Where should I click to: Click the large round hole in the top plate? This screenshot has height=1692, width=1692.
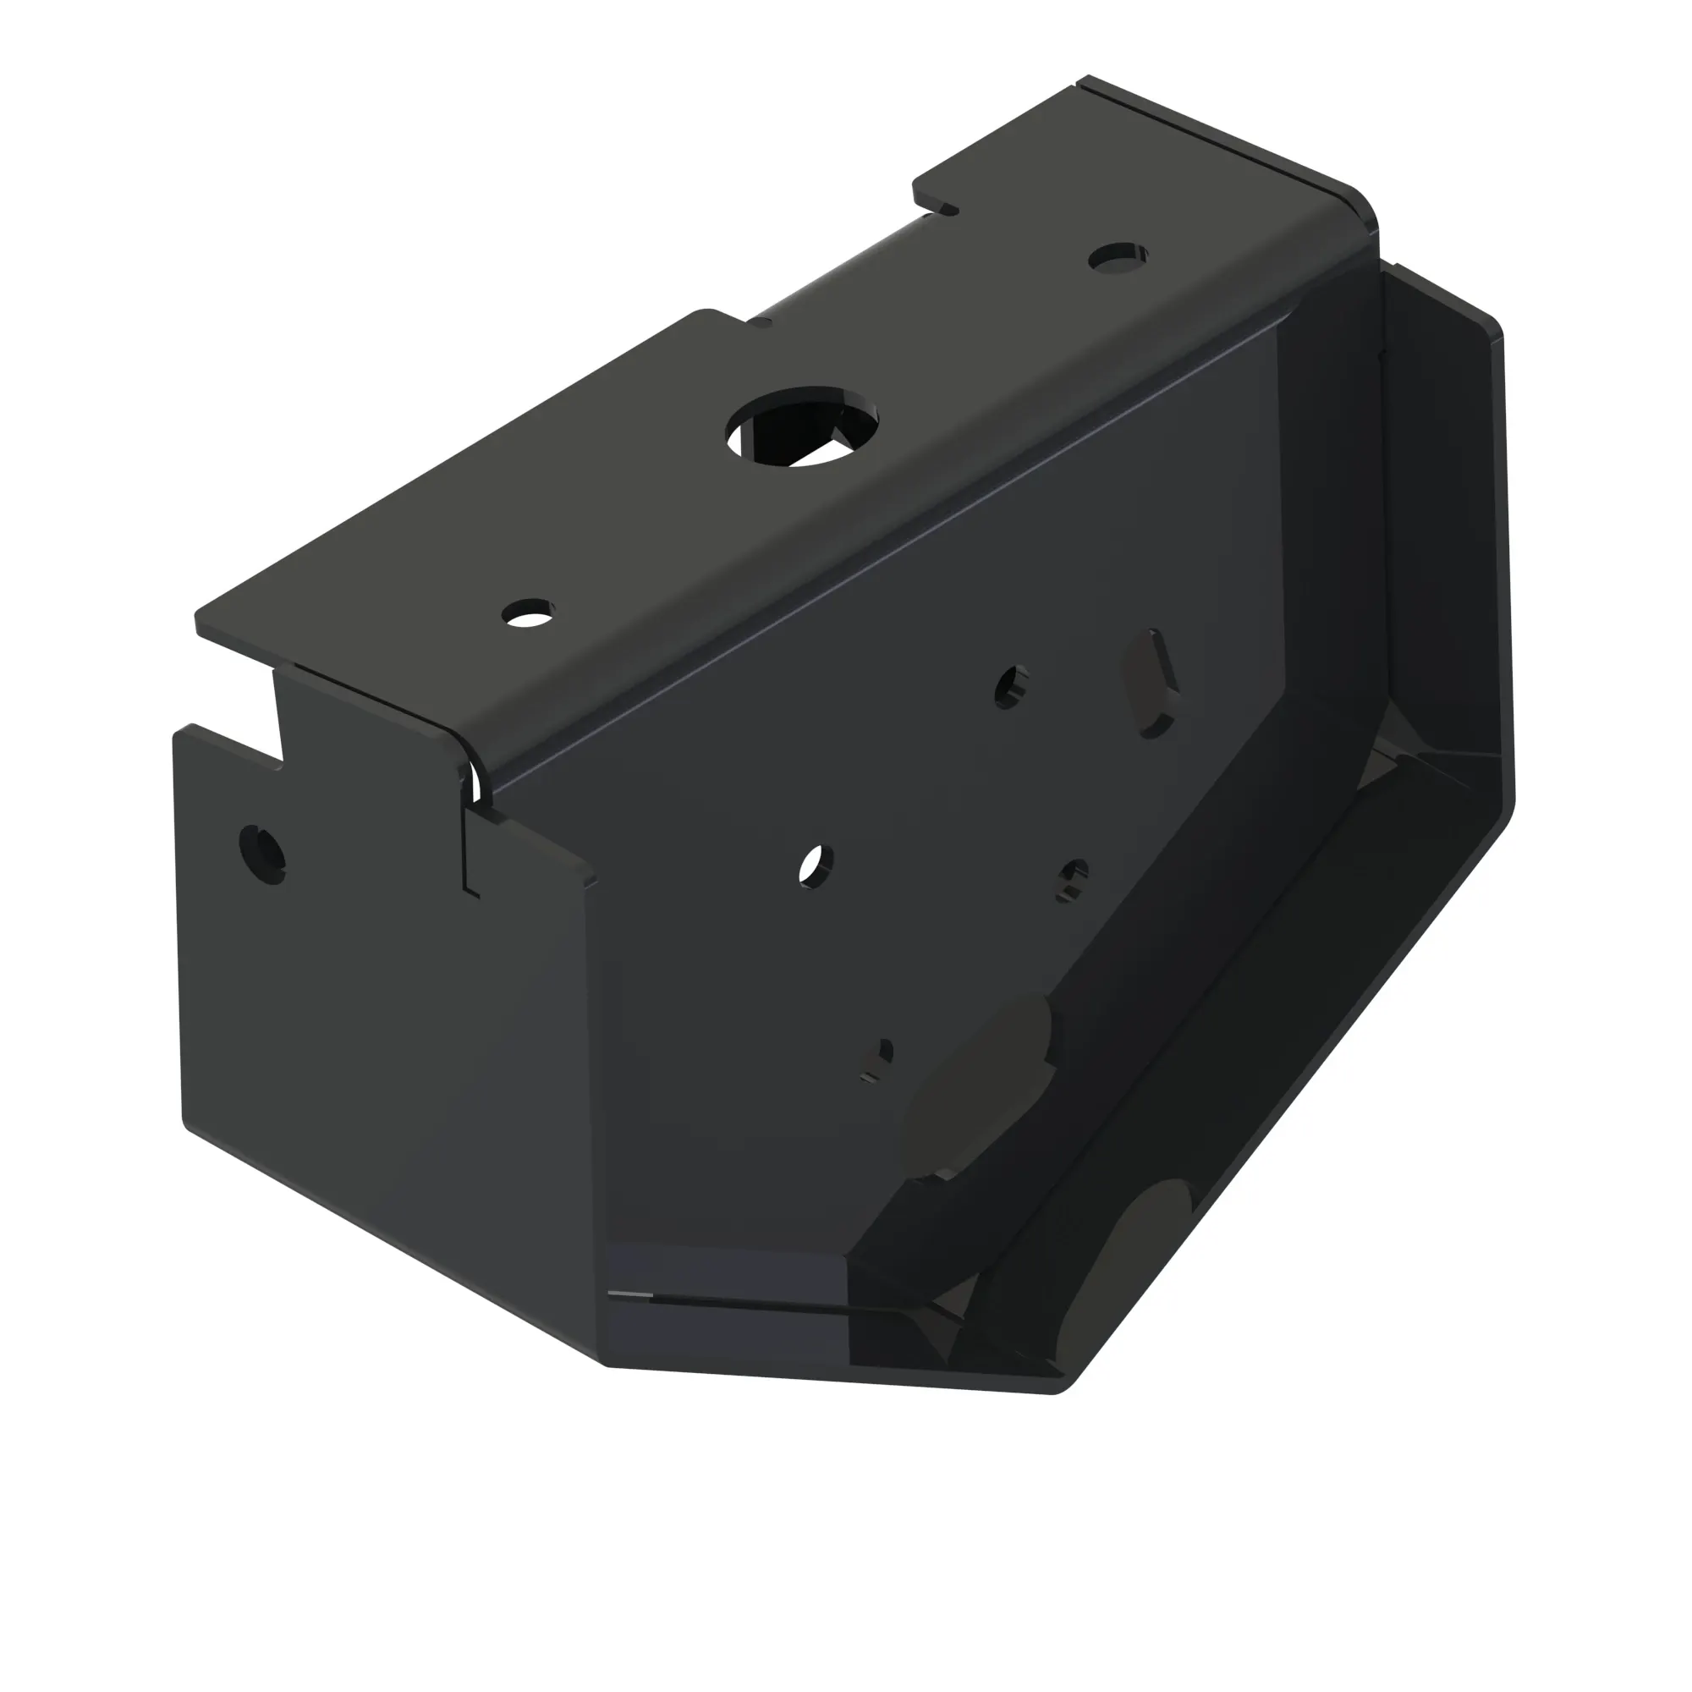pyautogui.click(x=803, y=426)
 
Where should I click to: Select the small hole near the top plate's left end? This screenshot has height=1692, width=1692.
pyautogui.click(x=528, y=613)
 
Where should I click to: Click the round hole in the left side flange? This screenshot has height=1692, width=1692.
pyautogui.click(x=262, y=853)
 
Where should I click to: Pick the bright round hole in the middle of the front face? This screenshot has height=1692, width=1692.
pyautogui.click(x=816, y=866)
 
